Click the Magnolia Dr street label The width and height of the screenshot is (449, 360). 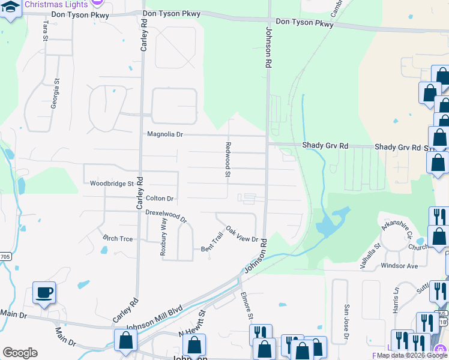point(165,134)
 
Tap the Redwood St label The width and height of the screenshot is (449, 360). point(228,160)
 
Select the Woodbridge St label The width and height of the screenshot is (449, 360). point(111,184)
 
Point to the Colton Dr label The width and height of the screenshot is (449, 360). point(159,198)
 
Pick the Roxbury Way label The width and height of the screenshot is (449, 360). point(163,237)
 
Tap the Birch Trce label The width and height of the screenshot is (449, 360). point(118,238)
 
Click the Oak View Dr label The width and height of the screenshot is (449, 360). point(241,234)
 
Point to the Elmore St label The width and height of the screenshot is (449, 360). point(247,304)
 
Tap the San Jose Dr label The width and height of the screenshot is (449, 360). point(346,325)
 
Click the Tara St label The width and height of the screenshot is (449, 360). point(45,30)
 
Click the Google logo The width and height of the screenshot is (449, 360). point(20,353)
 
